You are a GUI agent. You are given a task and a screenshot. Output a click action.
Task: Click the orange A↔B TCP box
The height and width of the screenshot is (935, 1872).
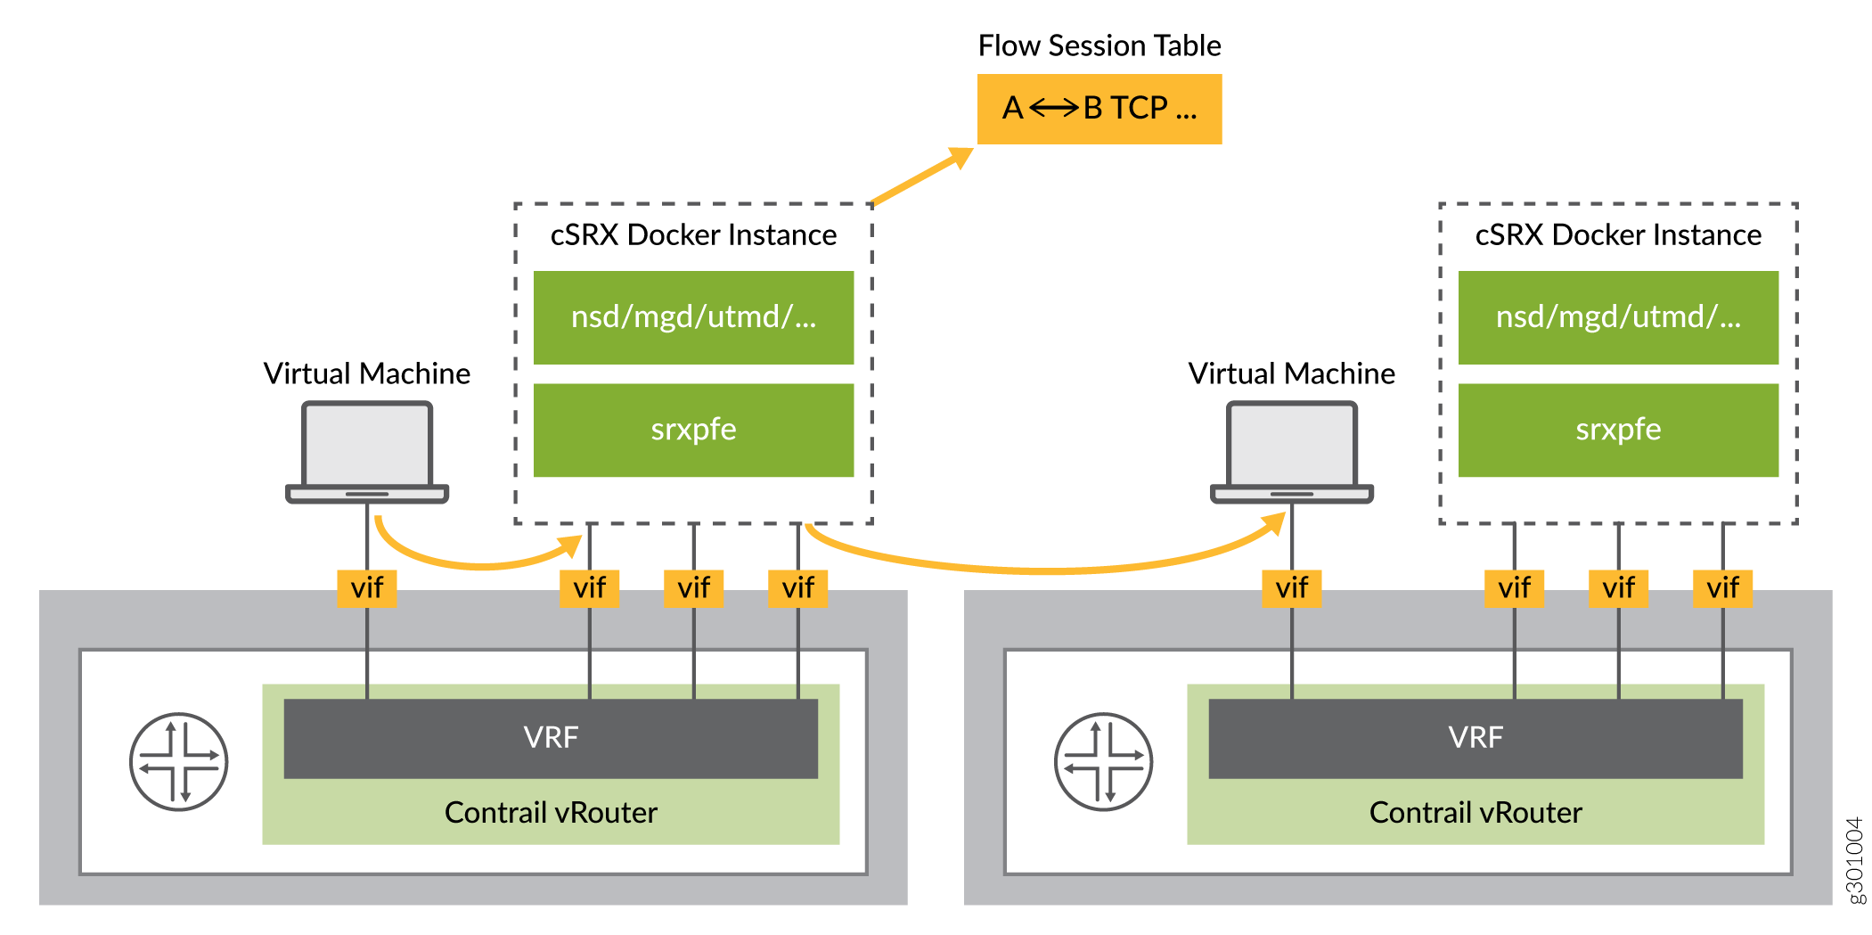pos(1099,109)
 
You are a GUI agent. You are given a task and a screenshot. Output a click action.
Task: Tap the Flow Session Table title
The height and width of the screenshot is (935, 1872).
pos(1099,45)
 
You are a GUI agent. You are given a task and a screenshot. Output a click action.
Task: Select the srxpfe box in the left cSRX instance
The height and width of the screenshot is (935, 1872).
pos(693,430)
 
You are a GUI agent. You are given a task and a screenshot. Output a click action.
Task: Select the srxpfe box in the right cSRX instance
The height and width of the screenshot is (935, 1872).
pos(1617,430)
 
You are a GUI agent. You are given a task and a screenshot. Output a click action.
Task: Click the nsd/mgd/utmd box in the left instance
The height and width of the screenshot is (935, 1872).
pos(693,317)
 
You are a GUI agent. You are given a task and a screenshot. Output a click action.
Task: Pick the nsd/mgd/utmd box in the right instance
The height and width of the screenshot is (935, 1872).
pos(1617,317)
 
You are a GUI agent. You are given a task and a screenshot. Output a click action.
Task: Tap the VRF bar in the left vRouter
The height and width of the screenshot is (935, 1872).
pos(551,738)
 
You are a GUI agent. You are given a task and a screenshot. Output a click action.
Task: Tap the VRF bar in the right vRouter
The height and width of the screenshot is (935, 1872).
pos(1475,738)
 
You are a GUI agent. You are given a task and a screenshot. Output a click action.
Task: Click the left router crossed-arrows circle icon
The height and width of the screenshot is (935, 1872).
pos(179,761)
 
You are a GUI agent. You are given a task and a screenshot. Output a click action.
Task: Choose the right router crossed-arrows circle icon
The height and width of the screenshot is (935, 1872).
pos(1103,761)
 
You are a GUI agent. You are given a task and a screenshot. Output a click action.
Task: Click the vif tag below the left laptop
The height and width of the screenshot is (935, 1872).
pos(367,588)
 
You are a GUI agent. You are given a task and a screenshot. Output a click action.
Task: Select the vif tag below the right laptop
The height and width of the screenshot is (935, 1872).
pos(1291,588)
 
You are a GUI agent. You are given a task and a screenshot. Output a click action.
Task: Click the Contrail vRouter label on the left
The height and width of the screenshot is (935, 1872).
pos(551,813)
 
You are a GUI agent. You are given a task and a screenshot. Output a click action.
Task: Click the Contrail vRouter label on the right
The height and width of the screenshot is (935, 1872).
pos(1475,813)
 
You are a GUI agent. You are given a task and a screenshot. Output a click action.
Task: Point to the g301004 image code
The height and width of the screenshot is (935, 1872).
pos(1854,860)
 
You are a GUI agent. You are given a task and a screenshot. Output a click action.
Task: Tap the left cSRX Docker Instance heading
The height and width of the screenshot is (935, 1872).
pos(693,235)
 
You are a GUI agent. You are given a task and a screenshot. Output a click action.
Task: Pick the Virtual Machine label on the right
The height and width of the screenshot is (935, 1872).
pos(1291,373)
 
